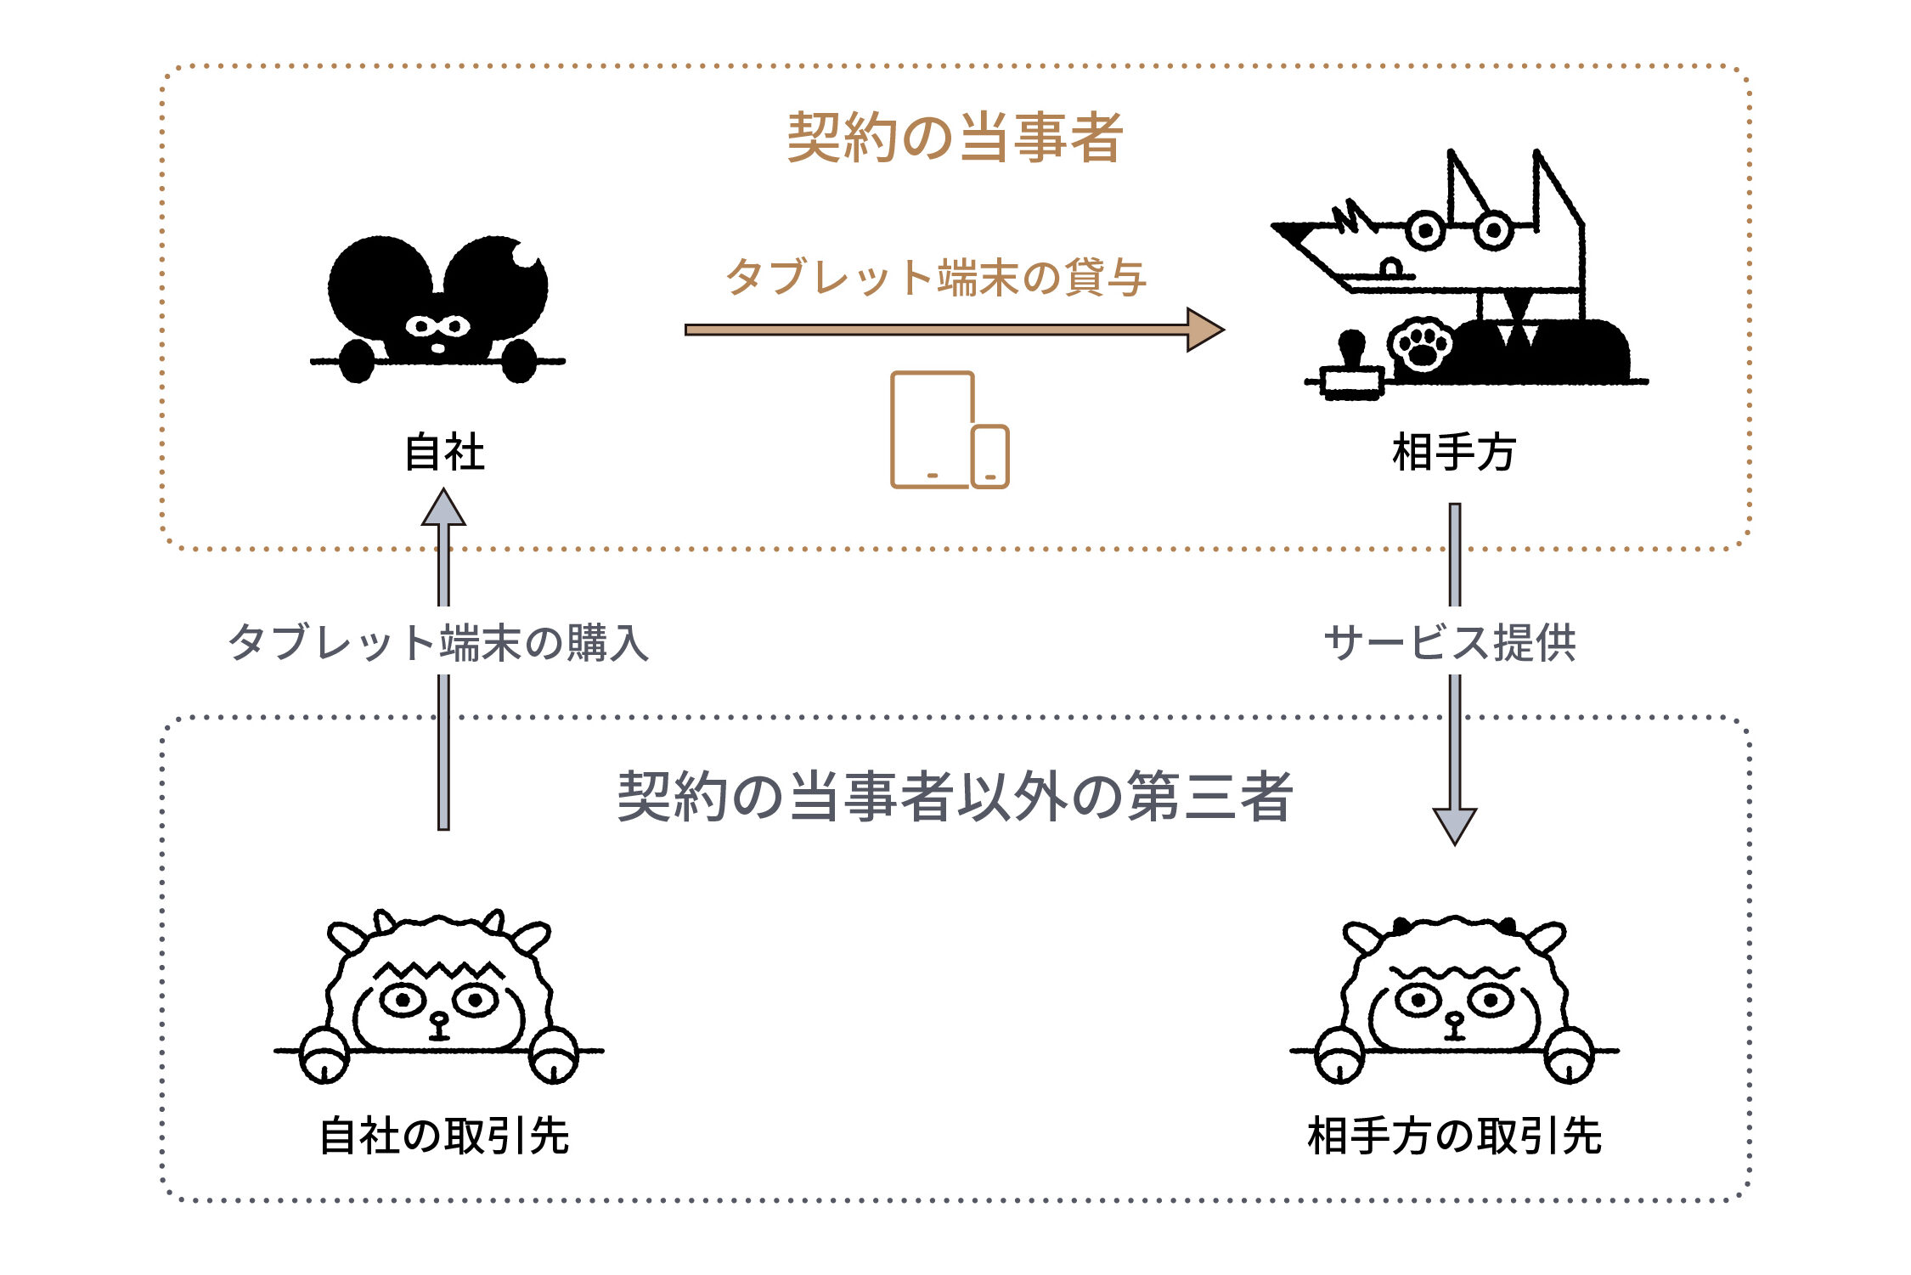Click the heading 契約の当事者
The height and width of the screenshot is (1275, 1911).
click(x=955, y=137)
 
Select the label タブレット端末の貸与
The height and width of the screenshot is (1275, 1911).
click(x=936, y=277)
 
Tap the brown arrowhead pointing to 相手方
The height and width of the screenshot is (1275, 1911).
click(x=1205, y=330)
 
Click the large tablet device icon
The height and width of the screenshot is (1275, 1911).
click(x=932, y=429)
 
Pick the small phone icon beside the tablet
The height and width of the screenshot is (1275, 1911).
click(x=990, y=456)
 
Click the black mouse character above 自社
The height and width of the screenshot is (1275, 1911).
click(x=438, y=309)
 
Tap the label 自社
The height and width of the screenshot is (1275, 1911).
click(x=444, y=452)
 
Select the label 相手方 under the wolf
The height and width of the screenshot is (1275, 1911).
click(x=1454, y=452)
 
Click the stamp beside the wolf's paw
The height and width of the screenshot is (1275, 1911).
click(x=1352, y=366)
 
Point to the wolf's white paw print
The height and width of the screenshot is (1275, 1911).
click(x=1421, y=344)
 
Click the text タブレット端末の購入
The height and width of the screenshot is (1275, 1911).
click(x=438, y=642)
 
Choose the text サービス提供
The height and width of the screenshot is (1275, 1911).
click(x=1450, y=642)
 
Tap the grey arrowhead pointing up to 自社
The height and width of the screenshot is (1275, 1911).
click(x=443, y=507)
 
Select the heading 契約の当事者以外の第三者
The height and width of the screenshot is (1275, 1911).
click(x=955, y=796)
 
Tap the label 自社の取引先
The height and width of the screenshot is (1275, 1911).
click(x=444, y=1136)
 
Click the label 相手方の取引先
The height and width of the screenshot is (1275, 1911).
click(x=1454, y=1136)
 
